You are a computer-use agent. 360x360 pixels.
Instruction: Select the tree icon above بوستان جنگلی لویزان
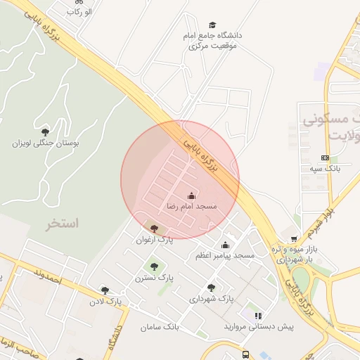click(x=46, y=131)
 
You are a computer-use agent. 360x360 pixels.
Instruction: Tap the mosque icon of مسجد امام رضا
click(x=191, y=195)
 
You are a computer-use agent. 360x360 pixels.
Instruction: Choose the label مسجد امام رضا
click(x=192, y=207)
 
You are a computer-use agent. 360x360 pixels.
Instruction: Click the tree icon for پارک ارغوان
click(x=155, y=228)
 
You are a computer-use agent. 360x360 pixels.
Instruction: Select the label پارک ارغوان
click(x=155, y=240)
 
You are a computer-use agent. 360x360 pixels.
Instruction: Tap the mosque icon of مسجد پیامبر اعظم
click(x=226, y=245)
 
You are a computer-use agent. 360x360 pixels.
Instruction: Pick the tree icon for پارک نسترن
click(x=154, y=266)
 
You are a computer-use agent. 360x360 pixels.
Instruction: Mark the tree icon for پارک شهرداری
click(x=211, y=287)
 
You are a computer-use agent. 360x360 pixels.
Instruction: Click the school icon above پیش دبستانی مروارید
click(x=258, y=316)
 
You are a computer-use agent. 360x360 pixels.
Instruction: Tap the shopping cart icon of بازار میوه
click(x=293, y=238)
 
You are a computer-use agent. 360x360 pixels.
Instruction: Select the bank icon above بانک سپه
click(x=325, y=157)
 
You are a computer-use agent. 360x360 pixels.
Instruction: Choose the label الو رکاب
click(x=78, y=12)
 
